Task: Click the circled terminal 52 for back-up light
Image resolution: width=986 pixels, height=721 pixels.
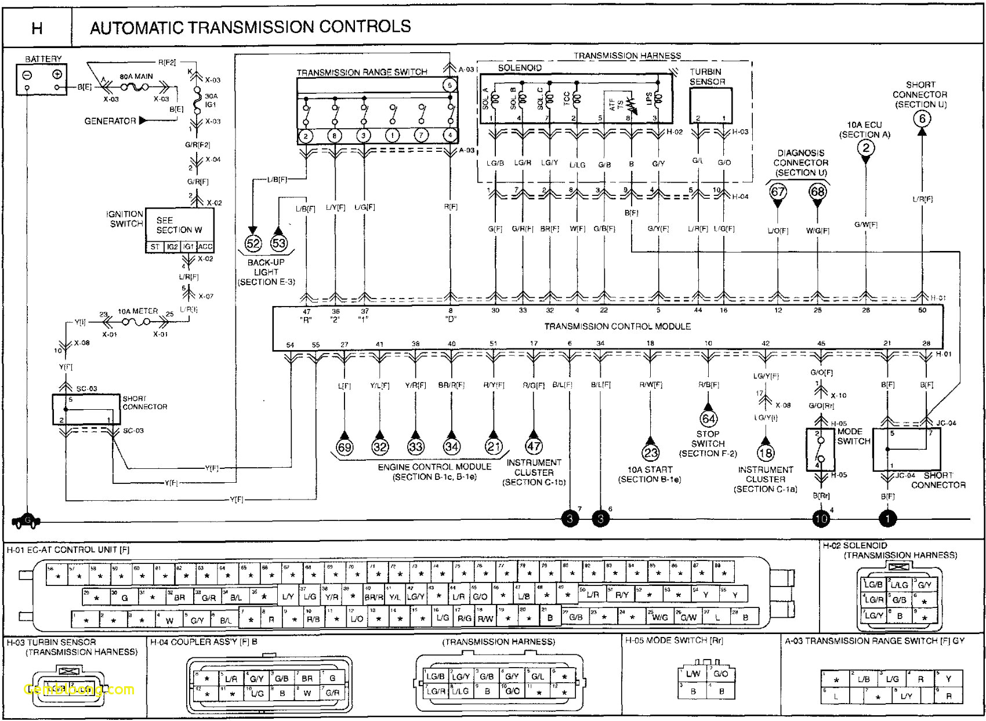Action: point(253,243)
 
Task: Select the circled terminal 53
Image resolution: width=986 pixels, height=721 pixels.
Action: point(279,243)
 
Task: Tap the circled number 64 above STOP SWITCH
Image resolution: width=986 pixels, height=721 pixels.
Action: point(708,418)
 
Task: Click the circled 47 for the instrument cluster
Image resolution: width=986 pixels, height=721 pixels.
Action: point(534,446)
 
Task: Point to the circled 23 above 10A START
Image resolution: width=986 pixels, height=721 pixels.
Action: point(650,453)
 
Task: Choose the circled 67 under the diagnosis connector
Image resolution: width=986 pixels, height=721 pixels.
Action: point(778,192)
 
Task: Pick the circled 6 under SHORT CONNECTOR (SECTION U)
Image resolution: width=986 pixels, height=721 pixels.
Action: point(922,119)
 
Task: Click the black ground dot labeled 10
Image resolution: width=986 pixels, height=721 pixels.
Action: point(821,519)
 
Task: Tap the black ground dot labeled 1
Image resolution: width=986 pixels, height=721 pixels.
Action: point(887,519)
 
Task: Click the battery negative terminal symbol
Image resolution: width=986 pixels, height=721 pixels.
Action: point(27,75)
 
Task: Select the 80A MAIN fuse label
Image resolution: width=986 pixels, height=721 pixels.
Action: point(136,77)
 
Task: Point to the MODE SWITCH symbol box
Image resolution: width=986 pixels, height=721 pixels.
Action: point(820,449)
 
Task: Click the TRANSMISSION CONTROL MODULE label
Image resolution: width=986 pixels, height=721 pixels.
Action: point(617,326)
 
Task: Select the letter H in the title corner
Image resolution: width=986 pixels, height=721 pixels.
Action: point(37,28)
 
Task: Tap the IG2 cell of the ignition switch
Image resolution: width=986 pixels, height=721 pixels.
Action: point(172,247)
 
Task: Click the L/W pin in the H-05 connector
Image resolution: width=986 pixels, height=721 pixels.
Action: point(693,673)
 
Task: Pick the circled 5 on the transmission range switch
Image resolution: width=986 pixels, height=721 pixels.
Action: point(449,85)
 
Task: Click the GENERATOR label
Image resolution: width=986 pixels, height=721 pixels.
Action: point(110,121)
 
